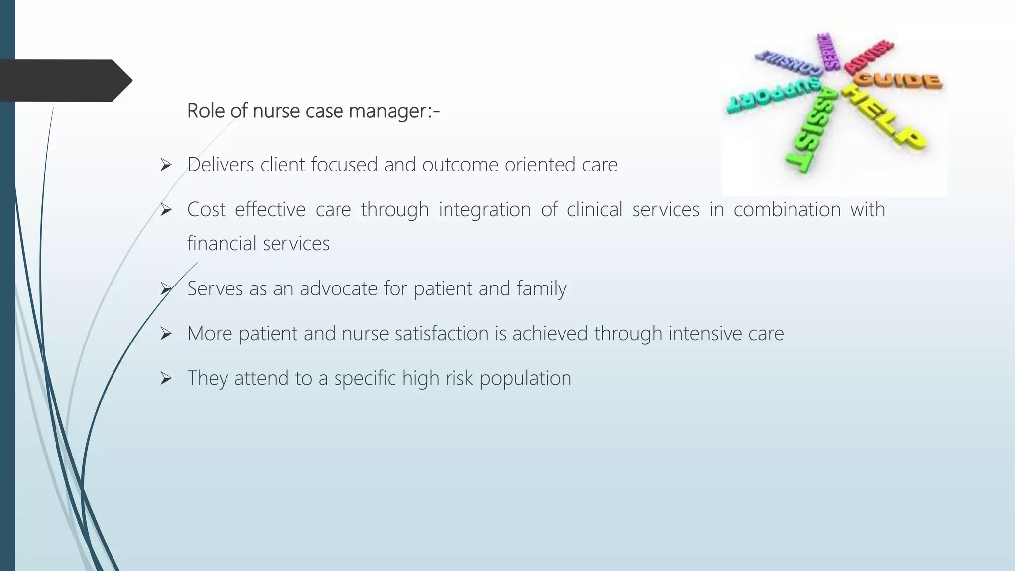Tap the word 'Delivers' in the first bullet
(221, 165)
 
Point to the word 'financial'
(222, 244)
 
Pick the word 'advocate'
(338, 288)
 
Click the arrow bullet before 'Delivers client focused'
(166, 165)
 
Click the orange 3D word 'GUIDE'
(900, 80)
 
